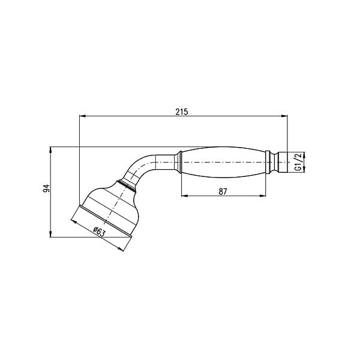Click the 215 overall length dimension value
pyautogui.click(x=182, y=112)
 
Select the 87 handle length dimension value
pyautogui.click(x=223, y=191)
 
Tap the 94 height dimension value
pyautogui.click(x=47, y=188)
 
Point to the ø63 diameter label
pyautogui.click(x=99, y=232)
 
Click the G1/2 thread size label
pyautogui.click(x=298, y=162)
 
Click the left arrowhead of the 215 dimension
pyautogui.click(x=82, y=116)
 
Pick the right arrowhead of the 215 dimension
pyautogui.click(x=284, y=116)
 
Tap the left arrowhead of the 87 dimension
pyautogui.click(x=185, y=196)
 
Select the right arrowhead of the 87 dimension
pyautogui.click(x=262, y=196)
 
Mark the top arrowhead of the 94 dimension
pyautogui.click(x=50, y=150)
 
